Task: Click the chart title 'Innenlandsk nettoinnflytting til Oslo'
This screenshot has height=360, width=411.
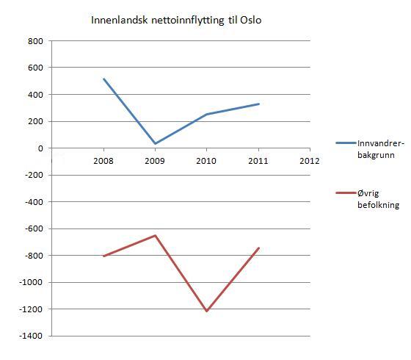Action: click(176, 20)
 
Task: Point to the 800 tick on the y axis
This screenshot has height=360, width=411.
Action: click(34, 41)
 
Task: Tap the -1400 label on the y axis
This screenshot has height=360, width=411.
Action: click(31, 336)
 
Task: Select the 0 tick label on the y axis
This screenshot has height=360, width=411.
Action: click(40, 148)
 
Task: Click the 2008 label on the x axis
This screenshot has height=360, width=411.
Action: click(104, 161)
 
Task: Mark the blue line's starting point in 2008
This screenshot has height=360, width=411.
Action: click(104, 79)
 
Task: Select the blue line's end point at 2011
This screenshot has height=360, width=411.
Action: click(258, 104)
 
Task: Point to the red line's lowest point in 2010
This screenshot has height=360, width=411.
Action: click(207, 312)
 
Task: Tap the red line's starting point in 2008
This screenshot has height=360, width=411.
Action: click(104, 256)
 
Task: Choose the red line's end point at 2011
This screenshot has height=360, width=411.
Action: click(258, 248)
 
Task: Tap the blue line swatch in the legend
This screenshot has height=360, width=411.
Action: click(345, 143)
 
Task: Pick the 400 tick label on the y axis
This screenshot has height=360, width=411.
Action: click(34, 95)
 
